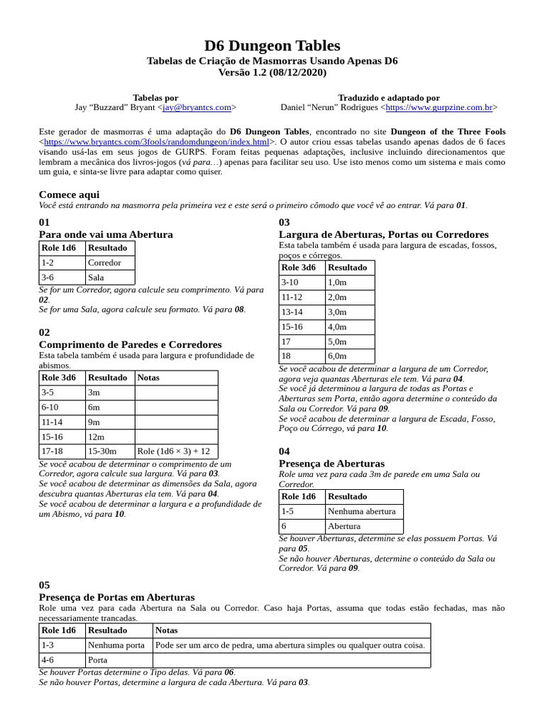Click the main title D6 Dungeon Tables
272,45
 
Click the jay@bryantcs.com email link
197,107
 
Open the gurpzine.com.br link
439,107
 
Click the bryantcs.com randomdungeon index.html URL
156,142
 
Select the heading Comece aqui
69,195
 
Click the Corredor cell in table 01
104,263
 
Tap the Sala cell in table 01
95,278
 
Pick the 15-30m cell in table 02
104,452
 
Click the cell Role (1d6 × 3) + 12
173,452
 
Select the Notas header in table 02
148,378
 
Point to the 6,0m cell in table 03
337,356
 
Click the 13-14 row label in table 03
292,312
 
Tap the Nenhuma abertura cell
362,511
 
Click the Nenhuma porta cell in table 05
115,645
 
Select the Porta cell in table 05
98,660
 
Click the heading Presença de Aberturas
331,464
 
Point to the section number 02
45,332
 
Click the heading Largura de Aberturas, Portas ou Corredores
383,234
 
